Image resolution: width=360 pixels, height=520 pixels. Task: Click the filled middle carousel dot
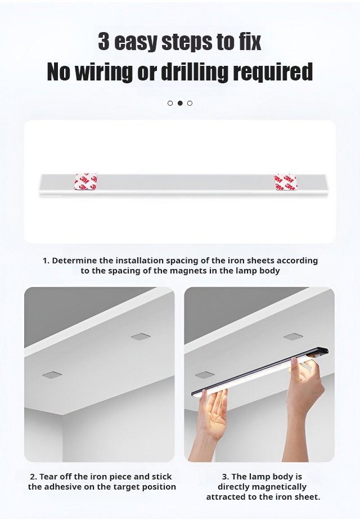(180, 103)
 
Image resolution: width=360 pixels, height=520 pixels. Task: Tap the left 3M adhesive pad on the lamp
(85, 182)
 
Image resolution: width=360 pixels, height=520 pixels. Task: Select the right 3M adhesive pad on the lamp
(285, 182)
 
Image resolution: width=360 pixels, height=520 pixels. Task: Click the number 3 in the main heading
(103, 42)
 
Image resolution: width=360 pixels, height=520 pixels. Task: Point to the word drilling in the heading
(195, 71)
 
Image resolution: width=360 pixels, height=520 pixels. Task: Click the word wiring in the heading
(105, 71)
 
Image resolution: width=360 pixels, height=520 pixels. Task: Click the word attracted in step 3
(224, 497)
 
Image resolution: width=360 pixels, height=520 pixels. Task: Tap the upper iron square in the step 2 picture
(141, 337)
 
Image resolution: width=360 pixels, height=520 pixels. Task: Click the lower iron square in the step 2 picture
(52, 375)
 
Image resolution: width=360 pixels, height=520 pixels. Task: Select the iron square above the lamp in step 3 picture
(293, 337)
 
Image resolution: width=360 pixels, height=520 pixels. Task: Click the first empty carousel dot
(170, 103)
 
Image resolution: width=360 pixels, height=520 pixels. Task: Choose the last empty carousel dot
(190, 103)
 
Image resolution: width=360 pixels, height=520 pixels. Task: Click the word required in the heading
(273, 72)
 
